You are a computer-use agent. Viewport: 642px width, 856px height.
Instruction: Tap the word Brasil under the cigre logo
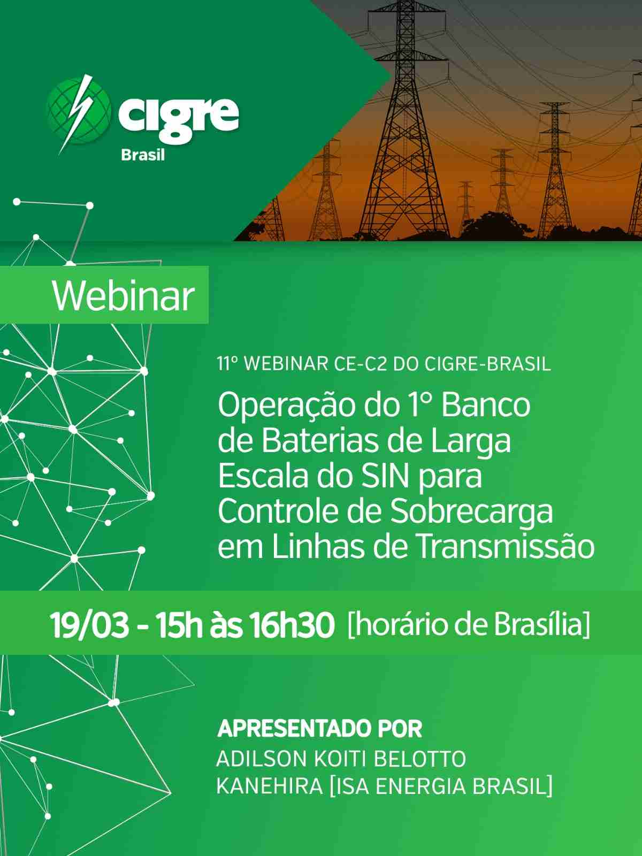tap(143, 155)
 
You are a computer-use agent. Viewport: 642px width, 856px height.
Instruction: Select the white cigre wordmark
tap(179, 116)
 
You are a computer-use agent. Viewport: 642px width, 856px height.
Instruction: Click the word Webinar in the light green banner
tap(123, 296)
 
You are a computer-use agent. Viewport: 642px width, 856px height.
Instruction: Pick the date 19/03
tap(89, 625)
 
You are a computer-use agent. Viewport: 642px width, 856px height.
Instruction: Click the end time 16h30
tap(292, 625)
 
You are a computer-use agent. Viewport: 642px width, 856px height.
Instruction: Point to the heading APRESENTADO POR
tap(319, 728)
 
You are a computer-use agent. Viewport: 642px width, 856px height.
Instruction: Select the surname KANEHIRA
tap(270, 786)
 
